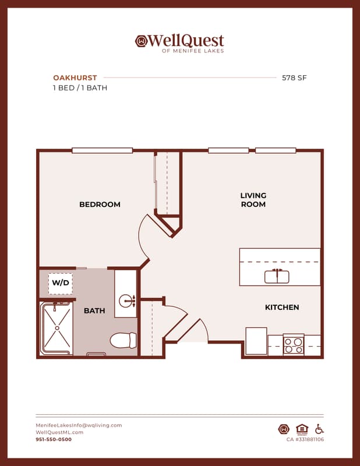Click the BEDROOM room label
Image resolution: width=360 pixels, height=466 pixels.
point(100,204)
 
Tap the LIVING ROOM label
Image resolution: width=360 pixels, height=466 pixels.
point(253,200)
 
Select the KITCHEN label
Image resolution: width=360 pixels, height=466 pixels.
point(282,308)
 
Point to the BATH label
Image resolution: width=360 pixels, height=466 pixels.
point(94,310)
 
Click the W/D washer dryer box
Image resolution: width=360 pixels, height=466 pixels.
point(61,283)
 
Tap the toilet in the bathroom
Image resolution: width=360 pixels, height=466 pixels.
point(123,340)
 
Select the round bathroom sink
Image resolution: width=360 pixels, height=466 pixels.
point(126,301)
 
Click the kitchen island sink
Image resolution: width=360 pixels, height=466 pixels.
point(277,276)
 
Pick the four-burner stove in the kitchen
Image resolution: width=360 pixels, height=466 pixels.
point(294,345)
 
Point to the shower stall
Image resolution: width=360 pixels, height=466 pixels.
point(57,328)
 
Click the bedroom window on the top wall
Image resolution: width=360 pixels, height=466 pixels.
point(103,150)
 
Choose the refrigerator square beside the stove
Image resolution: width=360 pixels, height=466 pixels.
point(256,341)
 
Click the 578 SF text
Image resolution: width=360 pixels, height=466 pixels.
point(294,78)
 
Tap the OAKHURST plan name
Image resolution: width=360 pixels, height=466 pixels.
point(75,78)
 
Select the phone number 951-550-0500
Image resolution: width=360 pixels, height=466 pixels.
point(54,439)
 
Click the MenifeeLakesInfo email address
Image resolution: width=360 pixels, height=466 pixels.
point(79,425)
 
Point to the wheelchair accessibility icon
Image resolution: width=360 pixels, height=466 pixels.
point(319,429)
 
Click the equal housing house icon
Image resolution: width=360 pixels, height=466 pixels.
point(302,429)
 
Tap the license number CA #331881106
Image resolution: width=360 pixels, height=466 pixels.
point(305,439)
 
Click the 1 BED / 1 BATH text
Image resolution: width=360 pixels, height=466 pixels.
point(80,88)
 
